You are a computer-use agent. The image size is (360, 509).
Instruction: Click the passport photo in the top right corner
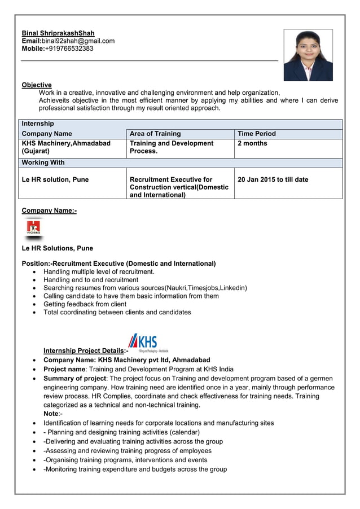[308, 55]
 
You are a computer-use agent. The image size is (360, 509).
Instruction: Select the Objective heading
[37, 85]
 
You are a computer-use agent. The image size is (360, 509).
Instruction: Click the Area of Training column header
[155, 134]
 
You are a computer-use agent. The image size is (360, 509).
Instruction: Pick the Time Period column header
[257, 134]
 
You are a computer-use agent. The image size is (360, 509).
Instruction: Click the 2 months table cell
[252, 143]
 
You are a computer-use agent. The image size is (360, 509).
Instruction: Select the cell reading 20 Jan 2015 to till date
[273, 179]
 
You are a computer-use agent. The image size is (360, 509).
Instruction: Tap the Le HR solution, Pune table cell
[55, 179]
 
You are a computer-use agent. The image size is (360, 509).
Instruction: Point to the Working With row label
[43, 163]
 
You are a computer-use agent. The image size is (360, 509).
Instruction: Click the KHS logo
[144, 342]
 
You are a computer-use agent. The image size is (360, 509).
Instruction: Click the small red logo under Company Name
[34, 229]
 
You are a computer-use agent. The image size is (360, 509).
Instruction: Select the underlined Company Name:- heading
[49, 210]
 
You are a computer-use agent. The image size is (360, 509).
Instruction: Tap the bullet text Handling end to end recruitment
[91, 280]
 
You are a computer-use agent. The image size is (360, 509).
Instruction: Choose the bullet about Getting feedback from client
[85, 304]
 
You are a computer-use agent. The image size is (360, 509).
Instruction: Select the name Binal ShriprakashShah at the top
[58, 33]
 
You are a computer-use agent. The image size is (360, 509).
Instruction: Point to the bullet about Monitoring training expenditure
[135, 469]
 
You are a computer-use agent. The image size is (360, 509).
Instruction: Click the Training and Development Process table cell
[172, 147]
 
